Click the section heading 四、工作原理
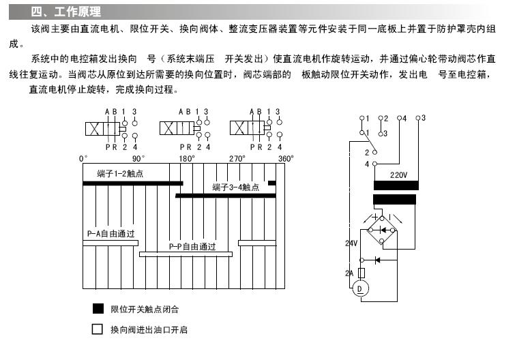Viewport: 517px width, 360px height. [66, 12]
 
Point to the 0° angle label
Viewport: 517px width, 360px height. [83, 158]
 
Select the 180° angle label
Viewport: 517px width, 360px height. [187, 158]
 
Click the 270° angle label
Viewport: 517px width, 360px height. [237, 158]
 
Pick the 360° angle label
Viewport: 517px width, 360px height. [286, 158]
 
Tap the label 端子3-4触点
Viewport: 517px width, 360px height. [236, 187]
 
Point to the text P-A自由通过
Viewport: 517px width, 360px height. [110, 234]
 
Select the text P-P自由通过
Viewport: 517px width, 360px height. [192, 246]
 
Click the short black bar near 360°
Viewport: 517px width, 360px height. [271, 183]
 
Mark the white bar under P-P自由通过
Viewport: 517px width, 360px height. [186, 254]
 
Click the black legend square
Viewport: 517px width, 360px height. [98, 309]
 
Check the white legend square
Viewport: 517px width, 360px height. [98, 329]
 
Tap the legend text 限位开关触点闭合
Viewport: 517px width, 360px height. [145, 310]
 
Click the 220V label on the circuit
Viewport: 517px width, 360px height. [398, 175]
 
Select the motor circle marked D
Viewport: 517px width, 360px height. [360, 289]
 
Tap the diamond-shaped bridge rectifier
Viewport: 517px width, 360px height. [386, 230]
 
